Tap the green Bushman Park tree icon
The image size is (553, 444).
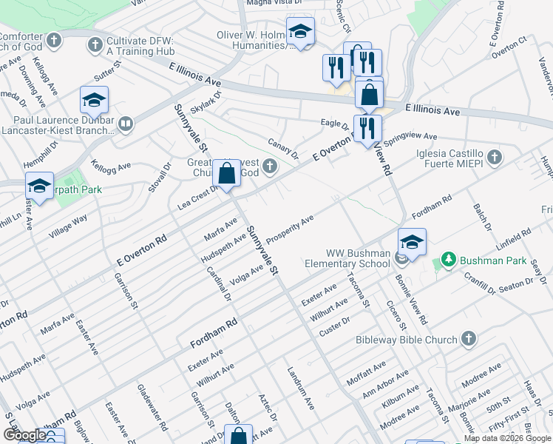pyautogui.click(x=447, y=260)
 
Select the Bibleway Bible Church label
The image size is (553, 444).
pyautogui.click(x=415, y=339)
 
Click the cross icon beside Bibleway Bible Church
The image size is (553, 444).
pyautogui.click(x=467, y=339)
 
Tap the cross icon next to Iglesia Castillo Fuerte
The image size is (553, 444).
pyautogui.click(x=494, y=156)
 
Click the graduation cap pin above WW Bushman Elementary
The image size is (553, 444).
pyautogui.click(x=412, y=242)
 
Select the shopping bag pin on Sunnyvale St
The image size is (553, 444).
pyautogui.click(x=227, y=173)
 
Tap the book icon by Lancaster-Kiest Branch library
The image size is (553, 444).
pyautogui.click(x=125, y=124)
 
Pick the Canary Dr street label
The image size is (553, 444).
pyautogui.click(x=282, y=148)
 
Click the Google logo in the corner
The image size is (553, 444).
pyautogui.click(x=24, y=435)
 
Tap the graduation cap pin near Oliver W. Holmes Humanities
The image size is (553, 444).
pyautogui.click(x=301, y=32)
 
